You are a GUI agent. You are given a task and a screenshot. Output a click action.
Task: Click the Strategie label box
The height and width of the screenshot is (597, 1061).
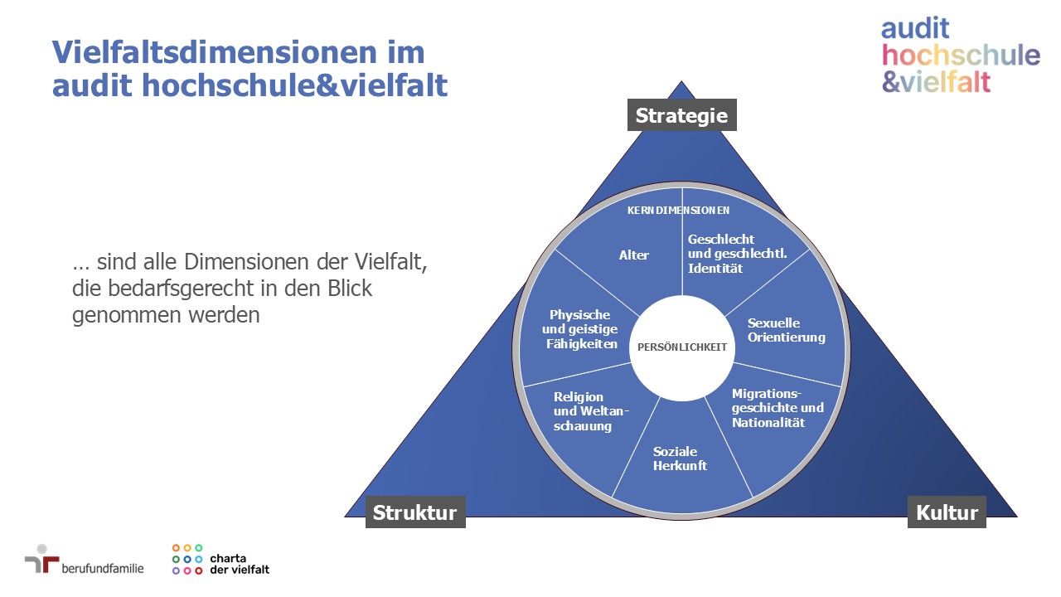(x=681, y=114)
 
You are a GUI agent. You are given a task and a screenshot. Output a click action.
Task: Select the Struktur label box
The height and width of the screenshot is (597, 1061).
(x=415, y=512)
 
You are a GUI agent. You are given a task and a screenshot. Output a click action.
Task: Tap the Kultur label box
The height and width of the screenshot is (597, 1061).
(x=947, y=512)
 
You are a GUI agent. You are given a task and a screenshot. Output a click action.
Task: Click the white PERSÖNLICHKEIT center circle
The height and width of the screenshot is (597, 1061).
(x=682, y=348)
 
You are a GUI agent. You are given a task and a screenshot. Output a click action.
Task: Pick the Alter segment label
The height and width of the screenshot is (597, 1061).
(x=634, y=255)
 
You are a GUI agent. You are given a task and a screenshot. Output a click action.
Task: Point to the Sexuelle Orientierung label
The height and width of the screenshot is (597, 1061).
(x=787, y=330)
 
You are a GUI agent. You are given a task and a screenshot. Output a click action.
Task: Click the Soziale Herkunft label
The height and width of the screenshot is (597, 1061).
(x=680, y=459)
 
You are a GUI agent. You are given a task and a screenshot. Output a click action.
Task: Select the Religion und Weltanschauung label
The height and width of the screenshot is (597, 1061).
(x=591, y=411)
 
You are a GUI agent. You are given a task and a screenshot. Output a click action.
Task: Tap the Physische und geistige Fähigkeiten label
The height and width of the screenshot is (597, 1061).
(x=580, y=329)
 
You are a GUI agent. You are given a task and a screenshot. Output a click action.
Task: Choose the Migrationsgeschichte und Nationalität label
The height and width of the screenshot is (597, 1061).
(x=778, y=408)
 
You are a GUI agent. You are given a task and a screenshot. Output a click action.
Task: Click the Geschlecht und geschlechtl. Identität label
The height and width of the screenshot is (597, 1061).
(x=737, y=254)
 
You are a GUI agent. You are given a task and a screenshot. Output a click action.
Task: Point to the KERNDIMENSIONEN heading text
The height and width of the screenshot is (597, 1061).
(x=678, y=211)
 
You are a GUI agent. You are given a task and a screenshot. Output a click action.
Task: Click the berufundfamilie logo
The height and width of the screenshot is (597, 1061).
(x=85, y=560)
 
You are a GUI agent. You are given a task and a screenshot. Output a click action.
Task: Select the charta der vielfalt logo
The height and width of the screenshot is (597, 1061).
(x=220, y=560)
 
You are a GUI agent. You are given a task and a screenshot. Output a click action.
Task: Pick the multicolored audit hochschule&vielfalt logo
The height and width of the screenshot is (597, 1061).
(x=960, y=56)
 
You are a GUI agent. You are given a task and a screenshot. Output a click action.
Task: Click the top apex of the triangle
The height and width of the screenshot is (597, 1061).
(x=681, y=81)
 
